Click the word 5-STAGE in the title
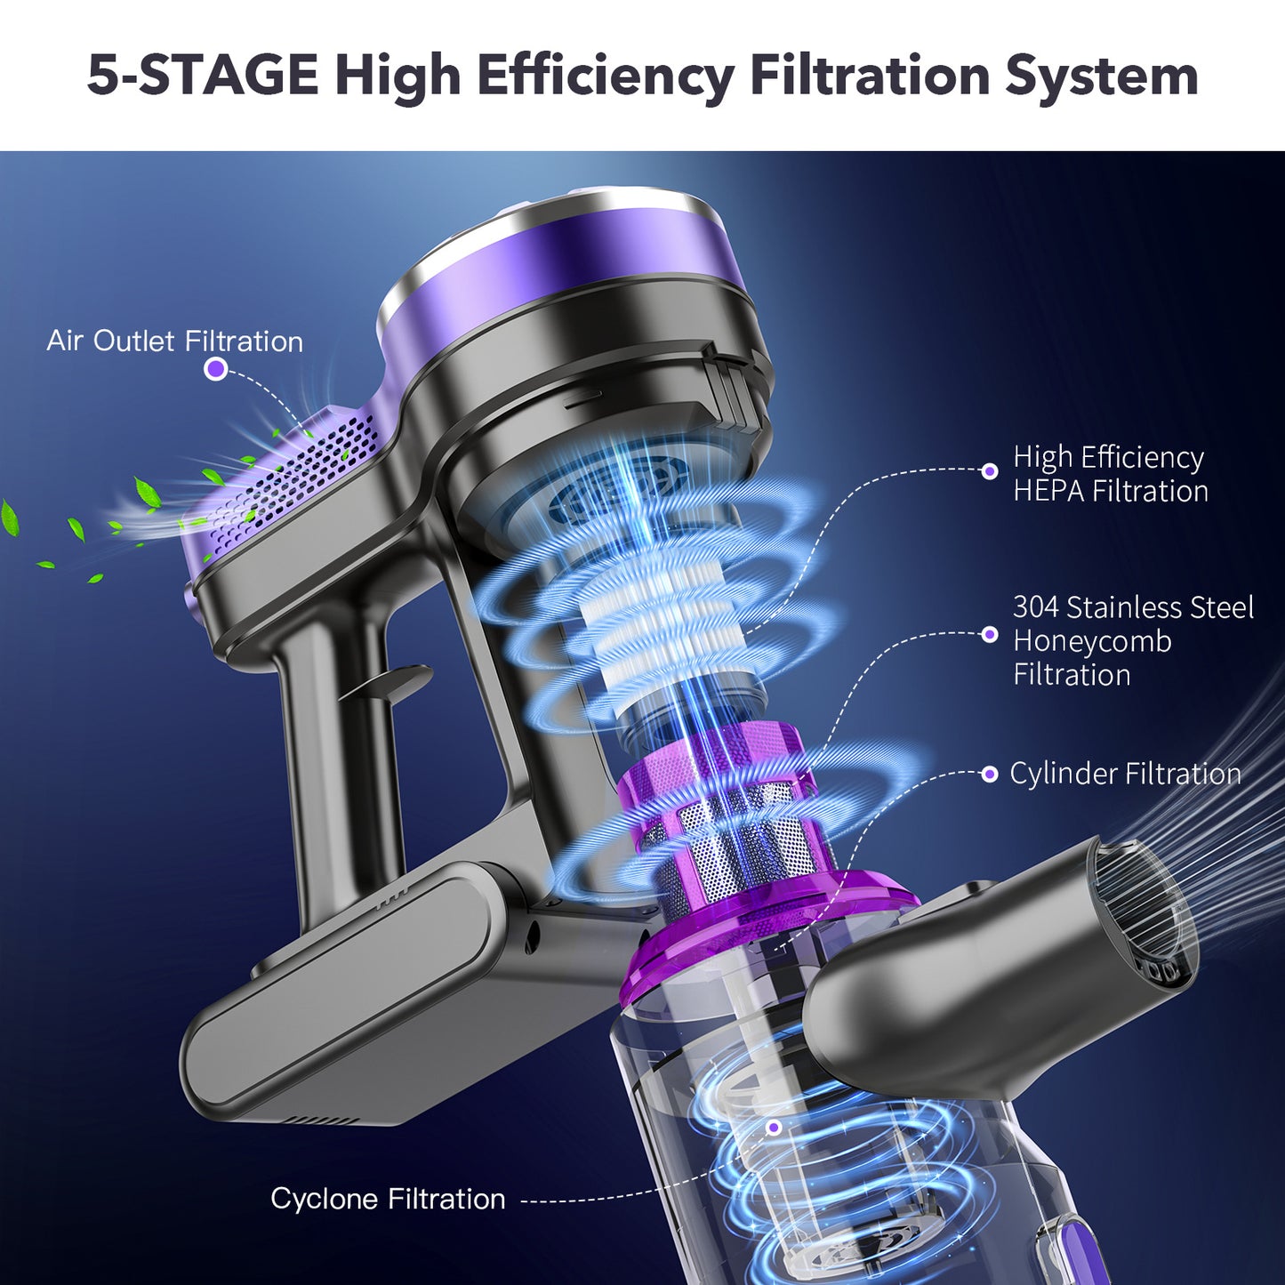click(x=203, y=75)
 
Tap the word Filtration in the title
click(x=870, y=75)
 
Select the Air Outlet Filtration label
click(x=174, y=341)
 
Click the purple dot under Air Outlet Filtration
click(x=215, y=369)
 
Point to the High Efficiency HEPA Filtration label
click(x=1110, y=474)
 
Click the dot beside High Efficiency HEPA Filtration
click(x=990, y=471)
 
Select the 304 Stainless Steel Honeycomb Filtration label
click(x=1132, y=641)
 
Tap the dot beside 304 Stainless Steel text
click(x=990, y=634)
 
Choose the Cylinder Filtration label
click(x=1125, y=774)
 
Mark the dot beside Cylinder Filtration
click(x=990, y=775)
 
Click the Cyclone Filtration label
click(x=388, y=1199)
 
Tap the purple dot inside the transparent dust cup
click(x=774, y=1128)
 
